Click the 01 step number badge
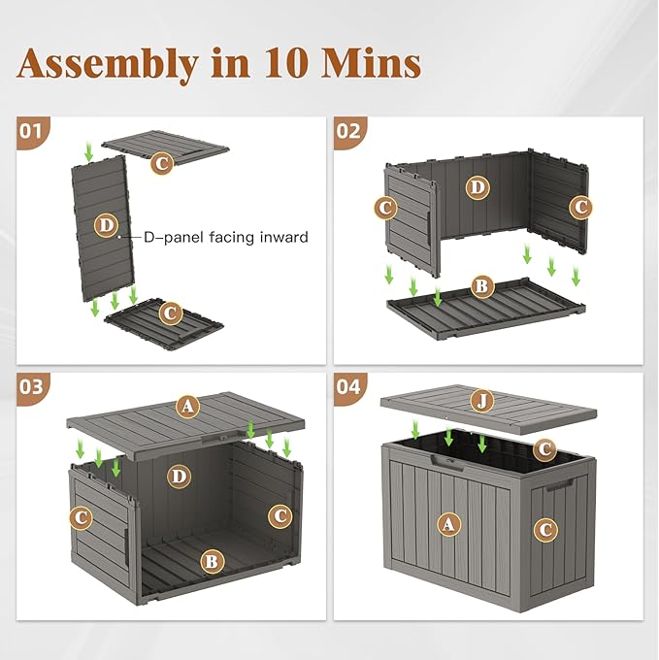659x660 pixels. [x=32, y=130]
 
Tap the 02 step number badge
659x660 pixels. [x=348, y=130]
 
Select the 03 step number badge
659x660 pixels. [x=32, y=386]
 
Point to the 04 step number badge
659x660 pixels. [x=348, y=386]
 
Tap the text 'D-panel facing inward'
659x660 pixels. [x=226, y=237]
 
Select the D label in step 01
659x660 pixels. [x=106, y=225]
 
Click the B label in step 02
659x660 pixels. [x=479, y=286]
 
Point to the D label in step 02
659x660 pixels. [x=477, y=187]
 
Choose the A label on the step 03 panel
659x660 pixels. [x=187, y=407]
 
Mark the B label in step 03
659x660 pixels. [x=211, y=560]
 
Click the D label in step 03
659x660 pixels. [x=178, y=476]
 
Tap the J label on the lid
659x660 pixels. [x=479, y=400]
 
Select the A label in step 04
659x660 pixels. [x=447, y=524]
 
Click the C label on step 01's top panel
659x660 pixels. [x=162, y=163]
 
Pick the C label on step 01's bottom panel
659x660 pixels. [x=170, y=313]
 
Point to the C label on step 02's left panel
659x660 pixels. [x=385, y=207]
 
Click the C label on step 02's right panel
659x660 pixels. [x=580, y=207]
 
